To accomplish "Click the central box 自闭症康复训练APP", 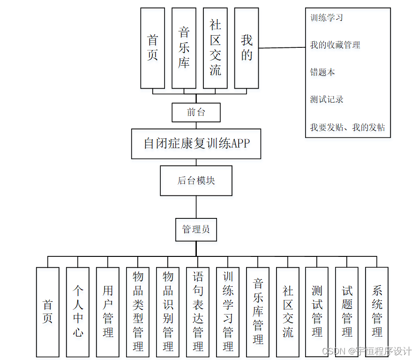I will pyautogui.click(x=196, y=143).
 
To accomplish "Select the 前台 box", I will pyautogui.click(x=196, y=112).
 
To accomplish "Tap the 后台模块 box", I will pyautogui.click(x=196, y=180).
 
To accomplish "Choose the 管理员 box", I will pyautogui.click(x=196, y=229).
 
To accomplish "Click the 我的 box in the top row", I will pyautogui.click(x=247, y=48).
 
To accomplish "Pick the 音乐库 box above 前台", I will pyautogui.click(x=184, y=48).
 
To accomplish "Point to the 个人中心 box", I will pyautogui.click(x=78, y=312).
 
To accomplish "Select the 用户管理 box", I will pyautogui.click(x=108, y=312).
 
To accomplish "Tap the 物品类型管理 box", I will pyautogui.click(x=138, y=312).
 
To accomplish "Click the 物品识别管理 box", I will pyautogui.click(x=168, y=312).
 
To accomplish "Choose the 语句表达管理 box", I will pyautogui.click(x=198, y=312).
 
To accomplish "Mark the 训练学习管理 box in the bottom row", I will pyautogui.click(x=228, y=312).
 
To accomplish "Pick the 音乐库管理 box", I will pyautogui.click(x=258, y=312).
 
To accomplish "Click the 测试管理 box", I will pyautogui.click(x=317, y=312).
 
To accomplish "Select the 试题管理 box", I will pyautogui.click(x=347, y=312).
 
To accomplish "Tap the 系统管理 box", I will pyautogui.click(x=377, y=312).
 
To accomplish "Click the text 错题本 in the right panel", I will pyautogui.click(x=322, y=72).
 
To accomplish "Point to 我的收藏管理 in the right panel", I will pyautogui.click(x=335, y=45).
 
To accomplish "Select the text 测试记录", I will pyautogui.click(x=327, y=99).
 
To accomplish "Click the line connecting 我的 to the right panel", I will pyautogui.click(x=282, y=48).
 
